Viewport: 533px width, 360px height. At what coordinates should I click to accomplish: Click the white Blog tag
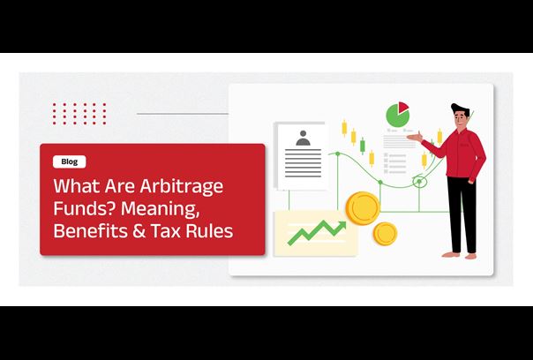point(70,161)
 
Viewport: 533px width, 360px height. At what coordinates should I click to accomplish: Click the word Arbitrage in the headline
point(181,187)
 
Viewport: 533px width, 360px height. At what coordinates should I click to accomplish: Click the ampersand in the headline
point(139,230)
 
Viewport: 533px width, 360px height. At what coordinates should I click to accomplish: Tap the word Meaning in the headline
point(160,209)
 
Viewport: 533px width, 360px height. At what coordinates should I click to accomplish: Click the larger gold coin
point(363,208)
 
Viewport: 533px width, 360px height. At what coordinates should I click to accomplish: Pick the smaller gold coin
point(385,234)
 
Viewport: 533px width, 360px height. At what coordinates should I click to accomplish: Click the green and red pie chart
point(397,115)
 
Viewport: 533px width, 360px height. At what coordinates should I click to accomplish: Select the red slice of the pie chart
point(403,107)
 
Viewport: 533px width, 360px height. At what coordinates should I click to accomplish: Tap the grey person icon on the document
point(303,138)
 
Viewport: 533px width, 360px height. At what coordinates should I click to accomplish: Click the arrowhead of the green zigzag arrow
point(342,226)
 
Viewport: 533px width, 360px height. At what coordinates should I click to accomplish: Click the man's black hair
point(460,109)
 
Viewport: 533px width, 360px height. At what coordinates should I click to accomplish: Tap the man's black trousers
point(462,214)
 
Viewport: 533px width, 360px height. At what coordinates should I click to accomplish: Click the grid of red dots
point(79,114)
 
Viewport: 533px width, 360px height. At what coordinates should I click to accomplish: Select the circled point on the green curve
point(419,182)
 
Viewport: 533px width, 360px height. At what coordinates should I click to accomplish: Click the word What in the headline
point(77,186)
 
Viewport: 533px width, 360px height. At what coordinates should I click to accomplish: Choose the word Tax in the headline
point(166,230)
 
